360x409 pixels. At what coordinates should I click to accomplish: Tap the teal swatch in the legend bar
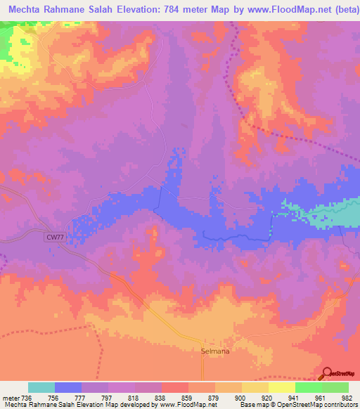point(41,387)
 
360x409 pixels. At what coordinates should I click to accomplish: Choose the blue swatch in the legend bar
point(68,387)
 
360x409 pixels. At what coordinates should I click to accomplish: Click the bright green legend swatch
point(309,387)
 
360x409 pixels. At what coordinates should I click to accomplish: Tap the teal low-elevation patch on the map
point(341,215)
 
